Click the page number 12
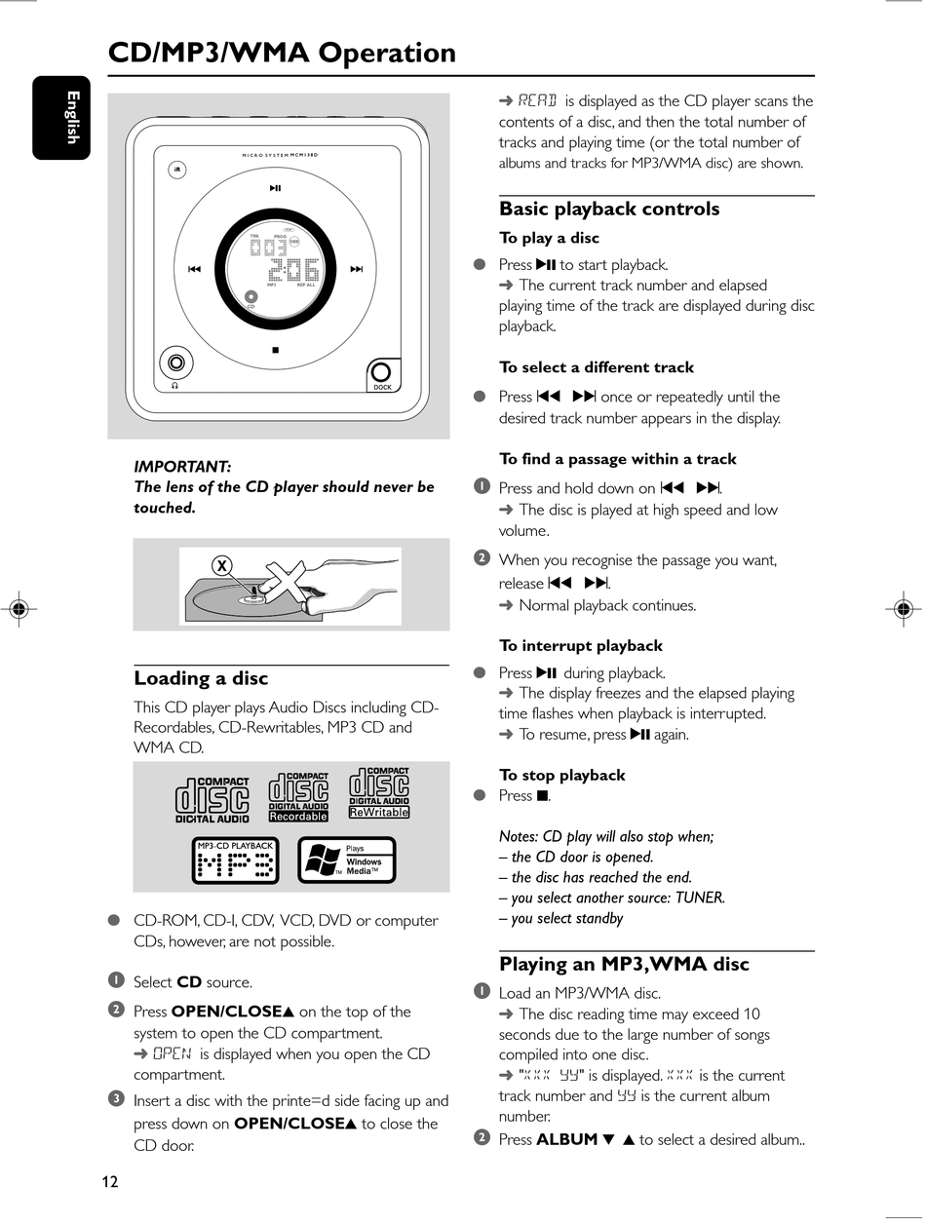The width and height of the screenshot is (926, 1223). (x=110, y=1182)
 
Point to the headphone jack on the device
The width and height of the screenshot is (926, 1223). (x=175, y=364)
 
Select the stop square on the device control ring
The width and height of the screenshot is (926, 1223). (x=275, y=350)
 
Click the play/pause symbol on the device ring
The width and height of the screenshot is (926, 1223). (x=275, y=189)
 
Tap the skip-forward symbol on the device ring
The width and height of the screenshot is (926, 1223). (x=356, y=269)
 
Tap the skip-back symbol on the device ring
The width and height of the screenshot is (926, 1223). (x=194, y=269)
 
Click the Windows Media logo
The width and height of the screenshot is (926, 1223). (x=346, y=860)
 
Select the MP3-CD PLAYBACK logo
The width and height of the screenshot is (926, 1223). (x=235, y=860)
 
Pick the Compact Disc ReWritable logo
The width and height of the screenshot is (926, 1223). (x=379, y=793)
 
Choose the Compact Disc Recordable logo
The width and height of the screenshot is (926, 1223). (x=298, y=796)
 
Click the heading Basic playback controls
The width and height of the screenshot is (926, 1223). (x=609, y=209)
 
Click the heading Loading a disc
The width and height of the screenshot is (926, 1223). (x=201, y=678)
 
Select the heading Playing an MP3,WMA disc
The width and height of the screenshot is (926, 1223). (x=624, y=964)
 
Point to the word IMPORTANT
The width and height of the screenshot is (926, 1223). (x=182, y=467)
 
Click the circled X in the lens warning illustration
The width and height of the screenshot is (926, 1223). (x=223, y=565)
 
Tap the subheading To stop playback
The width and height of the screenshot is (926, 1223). (x=562, y=775)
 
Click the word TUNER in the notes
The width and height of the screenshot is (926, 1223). (x=699, y=898)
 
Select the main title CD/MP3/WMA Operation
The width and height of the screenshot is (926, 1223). (x=282, y=53)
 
